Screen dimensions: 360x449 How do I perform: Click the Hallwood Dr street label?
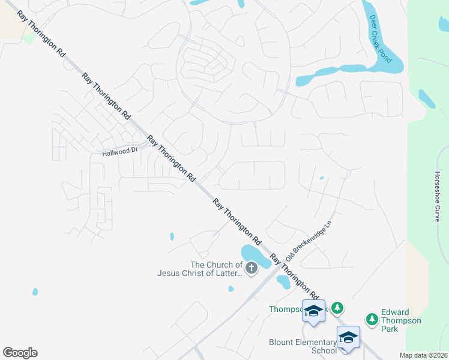click(120, 152)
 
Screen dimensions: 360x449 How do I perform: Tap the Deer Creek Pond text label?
click(379, 39)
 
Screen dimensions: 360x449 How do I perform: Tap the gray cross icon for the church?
click(252, 268)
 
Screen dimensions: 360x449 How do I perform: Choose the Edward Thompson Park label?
click(402, 320)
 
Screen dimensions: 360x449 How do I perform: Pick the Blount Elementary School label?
click(303, 346)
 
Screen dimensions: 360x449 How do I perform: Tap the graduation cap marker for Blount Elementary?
click(348, 337)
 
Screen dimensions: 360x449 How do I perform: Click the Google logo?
click(20, 353)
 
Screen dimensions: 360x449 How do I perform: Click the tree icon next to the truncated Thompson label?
click(338, 308)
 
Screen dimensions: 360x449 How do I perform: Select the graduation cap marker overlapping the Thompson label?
click(313, 310)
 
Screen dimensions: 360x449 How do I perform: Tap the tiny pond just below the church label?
click(231, 289)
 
